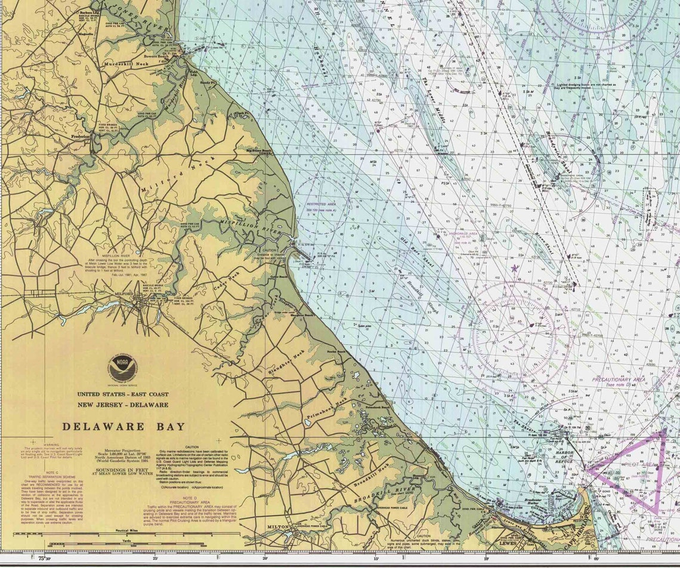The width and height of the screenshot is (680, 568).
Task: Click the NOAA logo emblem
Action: pyautogui.click(x=123, y=368)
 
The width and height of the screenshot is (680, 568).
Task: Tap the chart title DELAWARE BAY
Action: pyautogui.click(x=123, y=427)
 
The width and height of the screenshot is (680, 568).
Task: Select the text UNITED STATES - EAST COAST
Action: pyautogui.click(x=122, y=394)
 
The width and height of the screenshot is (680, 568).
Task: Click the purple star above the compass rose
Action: pyautogui.click(x=515, y=268)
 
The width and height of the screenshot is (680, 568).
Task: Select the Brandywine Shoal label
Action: pyautogui.click(x=558, y=156)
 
